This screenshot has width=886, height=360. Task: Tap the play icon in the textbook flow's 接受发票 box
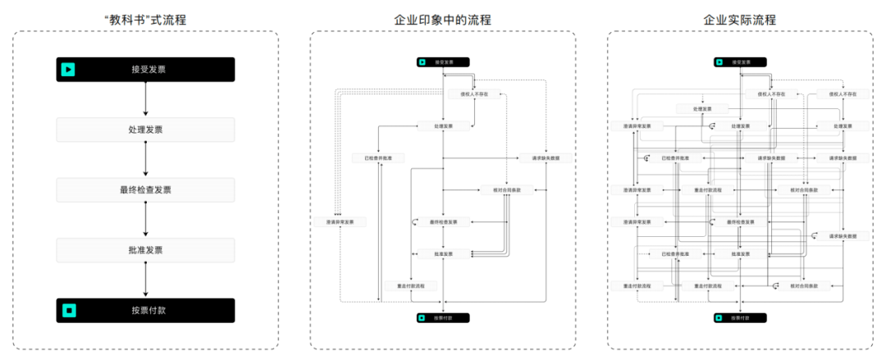tap(69, 70)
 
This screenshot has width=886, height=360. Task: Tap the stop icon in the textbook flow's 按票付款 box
tap(69, 311)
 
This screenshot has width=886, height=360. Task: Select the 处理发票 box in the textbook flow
tap(145, 130)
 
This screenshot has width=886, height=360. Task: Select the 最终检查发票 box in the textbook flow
tap(145, 190)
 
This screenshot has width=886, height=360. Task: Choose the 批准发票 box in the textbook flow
tap(145, 250)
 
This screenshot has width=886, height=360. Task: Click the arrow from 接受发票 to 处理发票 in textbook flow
tap(145, 99)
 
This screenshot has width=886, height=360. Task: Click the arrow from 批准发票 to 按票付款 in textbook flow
tap(145, 280)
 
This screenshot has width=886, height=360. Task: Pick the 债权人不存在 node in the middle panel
tap(473, 94)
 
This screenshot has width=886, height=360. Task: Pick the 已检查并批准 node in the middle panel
tap(378, 157)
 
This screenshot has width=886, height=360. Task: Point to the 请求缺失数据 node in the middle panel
tap(545, 157)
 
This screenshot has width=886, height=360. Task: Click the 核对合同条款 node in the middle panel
tap(507, 189)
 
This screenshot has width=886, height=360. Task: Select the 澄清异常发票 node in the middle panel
tap(340, 221)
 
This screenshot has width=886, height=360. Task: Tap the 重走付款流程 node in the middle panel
tap(411, 285)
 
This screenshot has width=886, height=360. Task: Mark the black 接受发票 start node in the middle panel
tap(442, 62)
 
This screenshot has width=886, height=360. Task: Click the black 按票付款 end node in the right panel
tap(740, 317)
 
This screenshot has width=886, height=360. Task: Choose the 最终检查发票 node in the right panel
tap(740, 221)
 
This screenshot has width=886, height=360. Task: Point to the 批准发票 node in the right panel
tap(740, 253)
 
